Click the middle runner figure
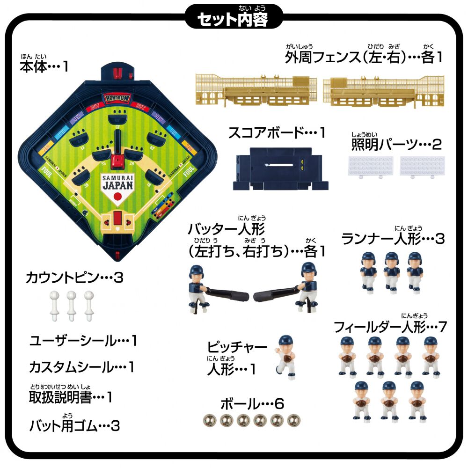tap(391, 271)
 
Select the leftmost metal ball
tap(207, 420)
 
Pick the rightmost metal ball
tap(293, 420)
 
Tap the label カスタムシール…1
tap(81, 367)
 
